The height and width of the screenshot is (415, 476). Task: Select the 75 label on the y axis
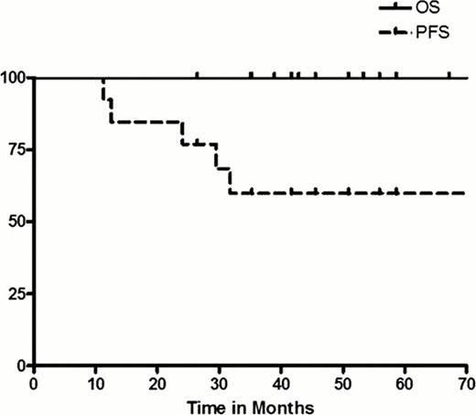(x=18, y=150)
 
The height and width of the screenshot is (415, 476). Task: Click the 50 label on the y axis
(x=18, y=222)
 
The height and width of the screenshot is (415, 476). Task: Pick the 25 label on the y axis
(x=18, y=293)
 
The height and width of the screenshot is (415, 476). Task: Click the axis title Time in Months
(x=250, y=404)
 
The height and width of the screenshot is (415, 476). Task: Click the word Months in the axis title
(x=284, y=404)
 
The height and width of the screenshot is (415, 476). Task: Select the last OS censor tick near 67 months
(x=449, y=75)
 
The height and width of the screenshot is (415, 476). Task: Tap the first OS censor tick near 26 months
(x=197, y=75)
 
